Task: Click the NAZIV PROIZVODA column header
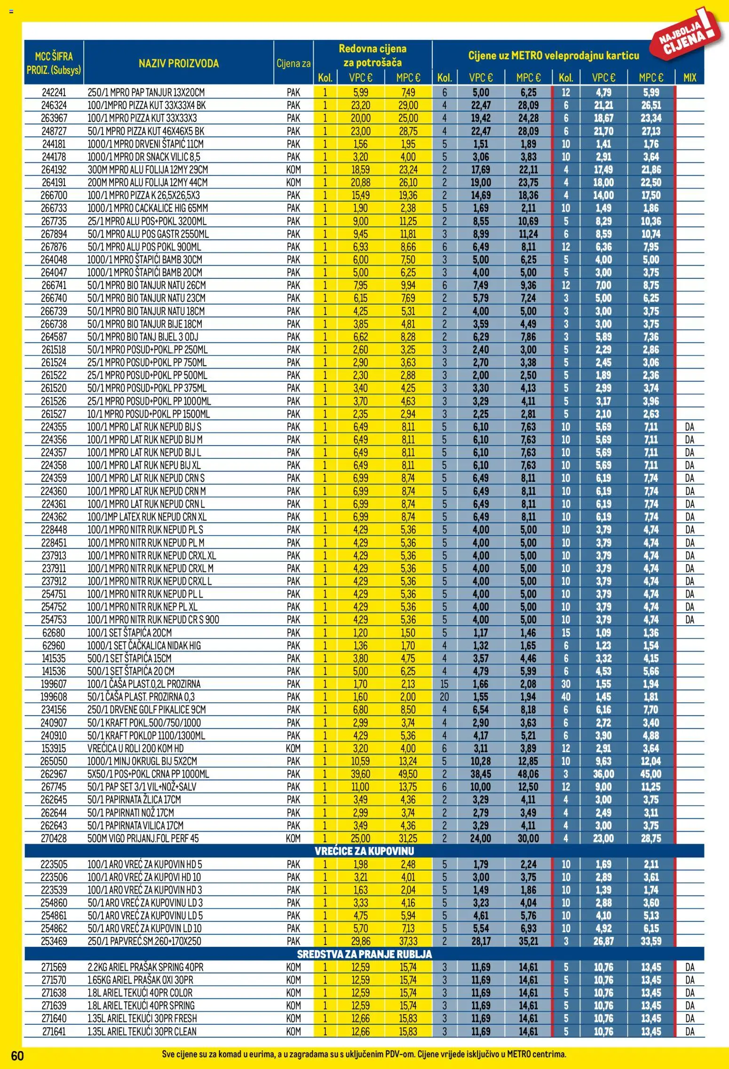point(178,63)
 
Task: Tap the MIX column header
point(689,78)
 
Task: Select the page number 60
point(17,1055)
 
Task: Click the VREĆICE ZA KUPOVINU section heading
point(364,851)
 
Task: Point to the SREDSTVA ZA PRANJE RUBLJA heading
point(364,954)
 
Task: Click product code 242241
point(54,93)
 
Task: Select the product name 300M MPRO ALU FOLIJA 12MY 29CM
point(148,170)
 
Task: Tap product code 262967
point(54,774)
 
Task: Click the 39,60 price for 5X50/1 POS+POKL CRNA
point(360,774)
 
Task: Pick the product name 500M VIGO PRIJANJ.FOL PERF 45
point(143,838)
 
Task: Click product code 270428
point(54,838)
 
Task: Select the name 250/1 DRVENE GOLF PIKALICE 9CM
point(146,710)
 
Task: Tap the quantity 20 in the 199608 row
point(444,697)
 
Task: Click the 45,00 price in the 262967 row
point(650,774)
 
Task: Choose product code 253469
point(54,941)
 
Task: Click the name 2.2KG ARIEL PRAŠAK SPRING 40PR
point(145,967)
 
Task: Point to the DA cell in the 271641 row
point(689,1031)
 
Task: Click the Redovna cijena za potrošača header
point(372,55)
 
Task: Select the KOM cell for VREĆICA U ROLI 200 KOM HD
point(293,748)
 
